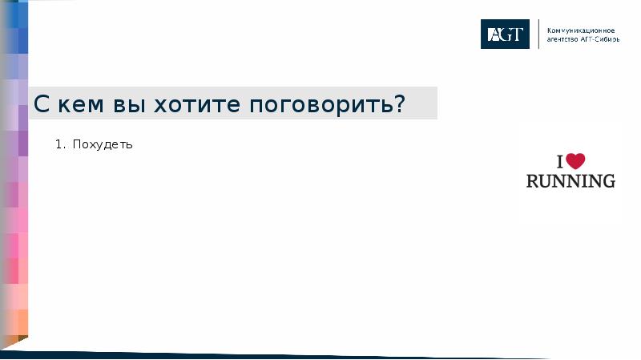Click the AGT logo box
click(505, 34)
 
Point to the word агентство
click(562, 38)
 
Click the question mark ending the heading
click(399, 104)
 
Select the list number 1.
click(58, 145)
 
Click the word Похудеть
click(102, 145)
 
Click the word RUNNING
click(570, 181)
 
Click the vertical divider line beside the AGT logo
click(538, 34)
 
